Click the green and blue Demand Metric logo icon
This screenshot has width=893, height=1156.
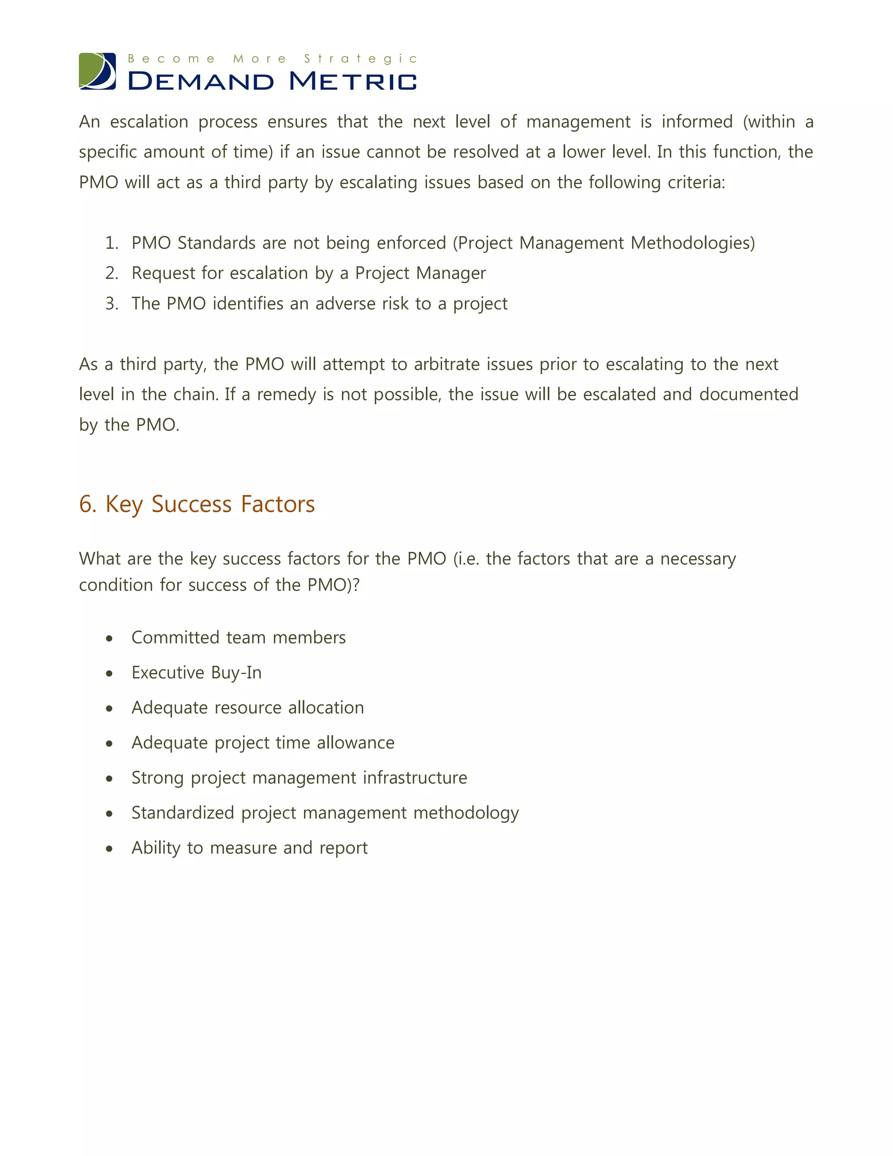[x=97, y=71]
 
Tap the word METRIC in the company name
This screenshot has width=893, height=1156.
[x=353, y=82]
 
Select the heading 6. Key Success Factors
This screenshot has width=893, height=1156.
[x=197, y=504]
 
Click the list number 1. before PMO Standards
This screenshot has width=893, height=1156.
[x=111, y=243]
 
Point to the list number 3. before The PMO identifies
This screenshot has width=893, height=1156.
[x=111, y=304]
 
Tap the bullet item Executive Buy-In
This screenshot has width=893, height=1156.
[x=196, y=673]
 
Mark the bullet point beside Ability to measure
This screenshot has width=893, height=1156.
[x=109, y=849]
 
